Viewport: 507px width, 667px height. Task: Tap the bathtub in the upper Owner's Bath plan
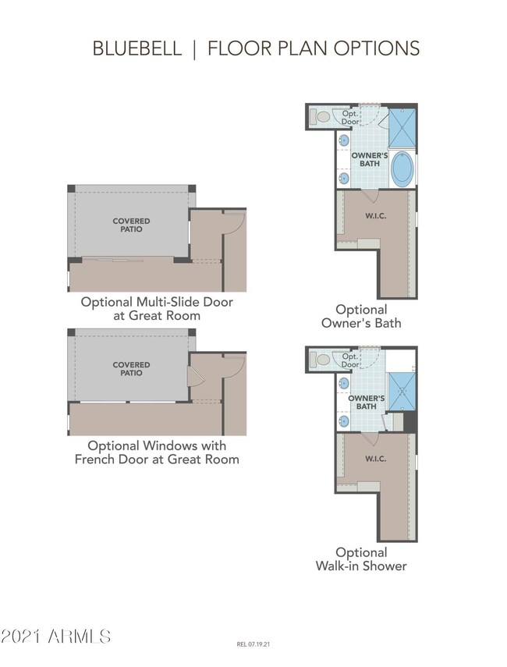(402, 169)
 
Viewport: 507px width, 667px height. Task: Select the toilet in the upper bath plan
(321, 117)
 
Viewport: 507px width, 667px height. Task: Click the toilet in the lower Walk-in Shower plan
(321, 360)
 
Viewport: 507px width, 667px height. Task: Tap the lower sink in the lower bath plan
(344, 420)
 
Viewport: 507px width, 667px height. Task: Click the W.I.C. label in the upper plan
(375, 215)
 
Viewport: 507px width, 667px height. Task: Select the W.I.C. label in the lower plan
(375, 459)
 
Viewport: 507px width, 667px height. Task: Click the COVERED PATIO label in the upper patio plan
(131, 225)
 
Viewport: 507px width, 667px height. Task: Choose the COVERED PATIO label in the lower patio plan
(131, 369)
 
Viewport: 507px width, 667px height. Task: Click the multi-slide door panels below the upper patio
(125, 260)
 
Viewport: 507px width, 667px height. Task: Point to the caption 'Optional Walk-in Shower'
(361, 559)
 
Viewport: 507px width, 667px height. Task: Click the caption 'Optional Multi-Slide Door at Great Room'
(157, 308)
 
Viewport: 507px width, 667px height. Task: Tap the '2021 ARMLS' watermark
(56, 636)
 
